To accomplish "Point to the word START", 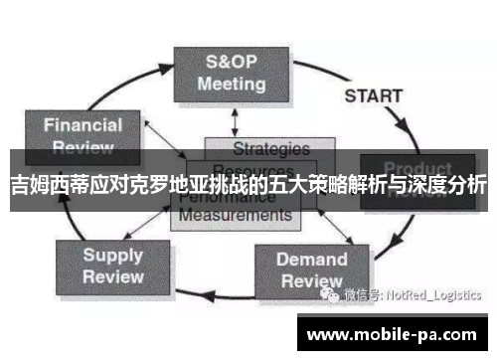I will [373, 96].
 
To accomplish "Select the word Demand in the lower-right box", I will [311, 260].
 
